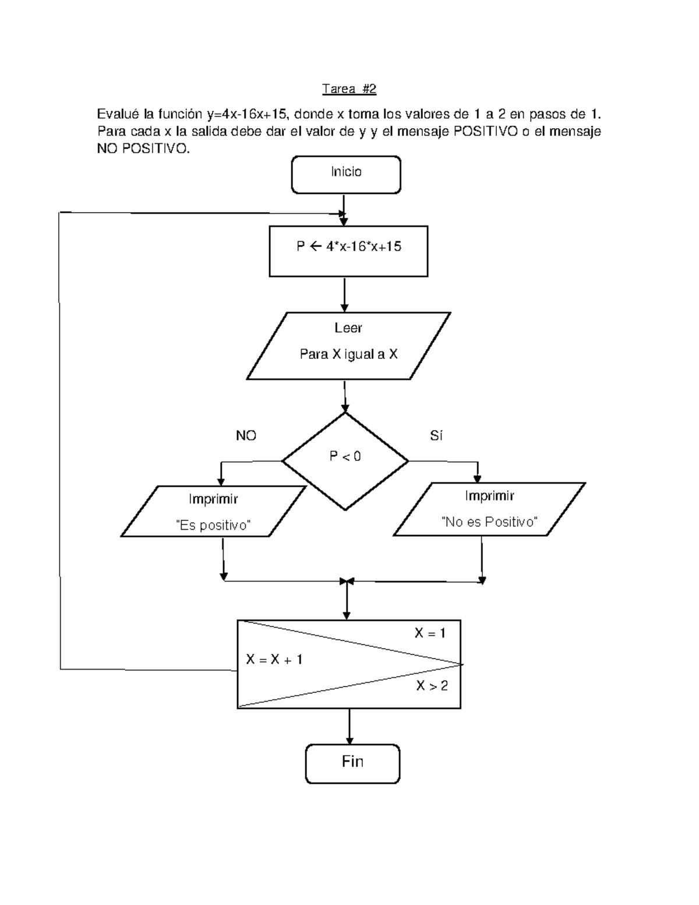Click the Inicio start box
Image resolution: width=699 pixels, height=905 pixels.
(346, 174)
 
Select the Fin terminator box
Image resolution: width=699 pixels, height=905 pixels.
(352, 763)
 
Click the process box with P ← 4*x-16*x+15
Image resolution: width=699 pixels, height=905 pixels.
(348, 251)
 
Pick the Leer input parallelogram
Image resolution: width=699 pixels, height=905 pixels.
(348, 346)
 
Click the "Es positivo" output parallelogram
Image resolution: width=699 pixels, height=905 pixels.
(213, 511)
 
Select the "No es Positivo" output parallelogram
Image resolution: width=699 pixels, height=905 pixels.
(489, 509)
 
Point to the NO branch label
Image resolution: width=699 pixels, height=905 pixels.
(246, 436)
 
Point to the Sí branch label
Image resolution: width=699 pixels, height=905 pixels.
(436, 436)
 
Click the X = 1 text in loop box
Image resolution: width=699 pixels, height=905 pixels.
(430, 633)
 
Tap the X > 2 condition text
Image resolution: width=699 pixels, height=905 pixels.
(432, 686)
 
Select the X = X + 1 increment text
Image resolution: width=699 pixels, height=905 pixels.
(274, 660)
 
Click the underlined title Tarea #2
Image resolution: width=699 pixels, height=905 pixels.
(349, 89)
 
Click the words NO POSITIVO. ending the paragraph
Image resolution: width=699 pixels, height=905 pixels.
(143, 149)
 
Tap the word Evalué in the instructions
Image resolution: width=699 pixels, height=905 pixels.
(118, 114)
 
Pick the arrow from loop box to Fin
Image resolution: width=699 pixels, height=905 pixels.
(349, 726)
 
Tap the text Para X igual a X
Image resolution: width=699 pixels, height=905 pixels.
(348, 354)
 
